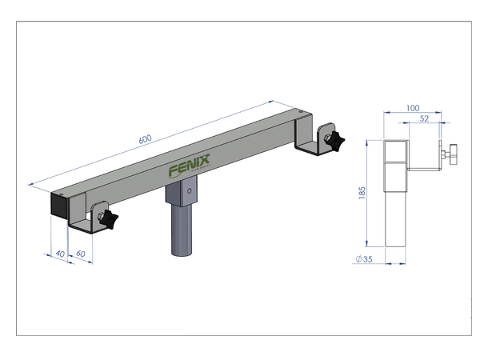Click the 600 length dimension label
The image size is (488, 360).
coord(145,138)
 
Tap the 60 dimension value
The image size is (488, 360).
coord(80,254)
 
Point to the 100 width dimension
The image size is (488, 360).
coord(413,107)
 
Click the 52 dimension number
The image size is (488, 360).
coord(424,119)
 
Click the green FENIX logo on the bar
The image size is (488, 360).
coord(189,168)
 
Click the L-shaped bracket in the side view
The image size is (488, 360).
coord(424,170)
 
